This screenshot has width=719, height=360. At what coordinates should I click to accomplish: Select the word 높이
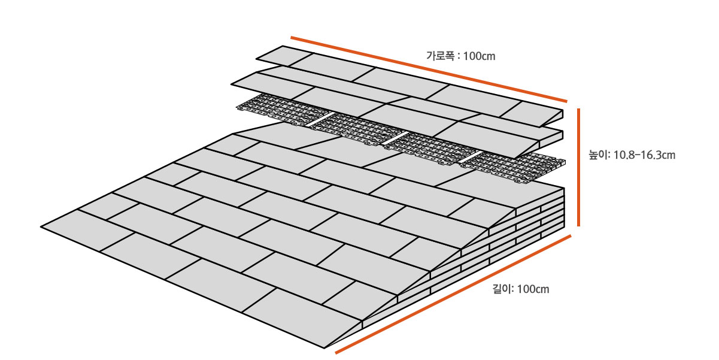[x=598, y=156]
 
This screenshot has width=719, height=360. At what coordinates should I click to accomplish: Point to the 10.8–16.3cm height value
[x=645, y=156]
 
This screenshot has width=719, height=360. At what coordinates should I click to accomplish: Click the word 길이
[x=500, y=289]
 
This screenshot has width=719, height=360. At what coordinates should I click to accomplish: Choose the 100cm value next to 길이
[x=532, y=289]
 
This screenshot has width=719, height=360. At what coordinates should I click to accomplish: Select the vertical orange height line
[x=579, y=168]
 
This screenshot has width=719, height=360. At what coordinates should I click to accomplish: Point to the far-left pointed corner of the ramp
[x=43, y=226]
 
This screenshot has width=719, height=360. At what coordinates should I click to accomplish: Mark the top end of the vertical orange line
[x=579, y=110]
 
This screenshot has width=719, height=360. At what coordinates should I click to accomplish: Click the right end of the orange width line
[x=565, y=102]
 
